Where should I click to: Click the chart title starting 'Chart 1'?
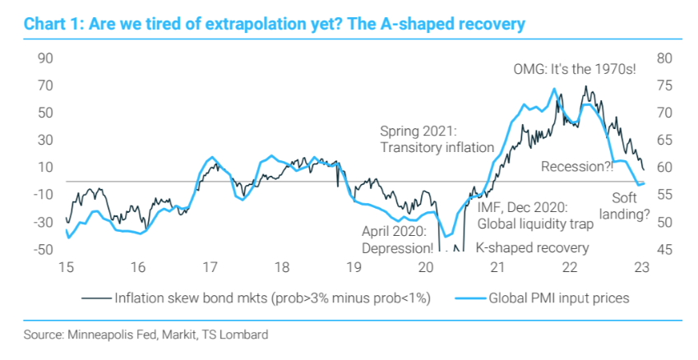point(275,23)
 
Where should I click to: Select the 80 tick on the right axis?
point(665,58)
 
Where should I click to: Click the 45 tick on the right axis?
point(665,249)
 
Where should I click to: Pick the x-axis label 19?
point(354,267)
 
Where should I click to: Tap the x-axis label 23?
point(642,267)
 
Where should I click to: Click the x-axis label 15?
point(65,267)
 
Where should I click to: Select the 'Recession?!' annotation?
point(577,167)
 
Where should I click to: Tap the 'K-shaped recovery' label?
point(532,247)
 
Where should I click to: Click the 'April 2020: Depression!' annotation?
point(398,239)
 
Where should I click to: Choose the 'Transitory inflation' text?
point(437,147)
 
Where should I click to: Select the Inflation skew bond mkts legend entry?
point(270,297)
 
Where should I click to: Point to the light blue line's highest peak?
point(555,89)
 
